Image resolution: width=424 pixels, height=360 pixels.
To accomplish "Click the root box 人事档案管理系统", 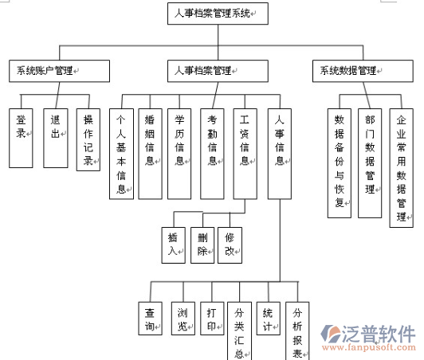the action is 218,14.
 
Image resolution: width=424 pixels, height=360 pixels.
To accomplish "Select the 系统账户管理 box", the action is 59,71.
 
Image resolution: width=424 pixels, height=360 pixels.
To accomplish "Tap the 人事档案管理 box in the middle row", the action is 218,71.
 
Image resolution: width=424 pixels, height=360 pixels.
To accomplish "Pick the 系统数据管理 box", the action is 363,71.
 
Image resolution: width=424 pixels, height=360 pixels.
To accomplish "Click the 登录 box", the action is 21,138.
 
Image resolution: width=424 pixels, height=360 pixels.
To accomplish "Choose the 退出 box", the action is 56,138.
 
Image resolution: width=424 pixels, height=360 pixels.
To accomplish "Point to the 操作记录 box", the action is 88,139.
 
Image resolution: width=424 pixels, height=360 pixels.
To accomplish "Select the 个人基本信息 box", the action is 121,154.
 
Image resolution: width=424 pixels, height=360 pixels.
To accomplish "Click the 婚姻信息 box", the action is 150,154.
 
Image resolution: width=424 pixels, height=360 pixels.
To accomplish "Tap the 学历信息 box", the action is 179,154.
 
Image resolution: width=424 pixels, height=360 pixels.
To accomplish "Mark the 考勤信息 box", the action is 212,154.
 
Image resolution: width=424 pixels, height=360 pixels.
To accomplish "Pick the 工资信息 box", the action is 245,154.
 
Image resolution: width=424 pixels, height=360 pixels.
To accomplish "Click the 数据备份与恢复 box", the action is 340,163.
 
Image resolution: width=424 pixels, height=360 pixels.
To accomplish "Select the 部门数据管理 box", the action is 370,163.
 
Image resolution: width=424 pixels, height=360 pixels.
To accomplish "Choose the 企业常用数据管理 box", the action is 402,168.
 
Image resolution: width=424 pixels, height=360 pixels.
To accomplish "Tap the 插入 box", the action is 173,245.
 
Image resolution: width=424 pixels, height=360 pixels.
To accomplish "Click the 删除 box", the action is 202,245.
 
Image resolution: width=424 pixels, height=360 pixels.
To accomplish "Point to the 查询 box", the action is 150,319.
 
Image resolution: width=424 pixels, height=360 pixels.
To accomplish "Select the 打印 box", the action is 212,319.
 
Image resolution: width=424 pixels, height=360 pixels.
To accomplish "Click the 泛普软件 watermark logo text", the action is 379,334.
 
